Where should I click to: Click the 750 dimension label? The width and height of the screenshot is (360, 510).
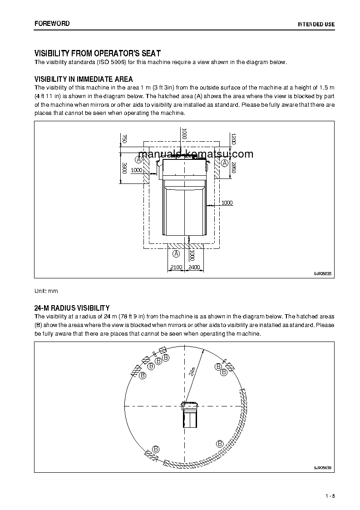tap(124, 139)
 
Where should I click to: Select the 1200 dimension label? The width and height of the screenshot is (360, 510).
tap(233, 139)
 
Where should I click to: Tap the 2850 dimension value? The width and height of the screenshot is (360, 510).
tap(233, 168)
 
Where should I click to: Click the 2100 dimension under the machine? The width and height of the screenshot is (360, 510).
tap(176, 267)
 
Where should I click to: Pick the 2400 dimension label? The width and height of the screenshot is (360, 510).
tap(194, 267)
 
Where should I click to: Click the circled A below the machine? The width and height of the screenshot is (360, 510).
tap(176, 253)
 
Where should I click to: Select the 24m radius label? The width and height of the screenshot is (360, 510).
tap(192, 371)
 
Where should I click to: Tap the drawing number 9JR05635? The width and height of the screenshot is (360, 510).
tap(323, 273)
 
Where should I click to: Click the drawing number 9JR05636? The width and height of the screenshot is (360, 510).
tap(323, 467)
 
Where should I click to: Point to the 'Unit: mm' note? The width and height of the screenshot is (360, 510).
tap(46, 291)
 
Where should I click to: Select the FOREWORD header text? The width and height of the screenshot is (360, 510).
tap(52, 23)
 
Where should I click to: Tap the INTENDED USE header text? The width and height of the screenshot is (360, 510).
tap(316, 24)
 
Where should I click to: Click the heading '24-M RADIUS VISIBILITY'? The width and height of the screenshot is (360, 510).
tap(72, 308)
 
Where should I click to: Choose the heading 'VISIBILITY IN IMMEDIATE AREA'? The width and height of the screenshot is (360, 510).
tap(84, 79)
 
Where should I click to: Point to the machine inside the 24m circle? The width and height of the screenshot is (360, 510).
tap(190, 414)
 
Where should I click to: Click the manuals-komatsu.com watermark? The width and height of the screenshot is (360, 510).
tap(195, 154)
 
